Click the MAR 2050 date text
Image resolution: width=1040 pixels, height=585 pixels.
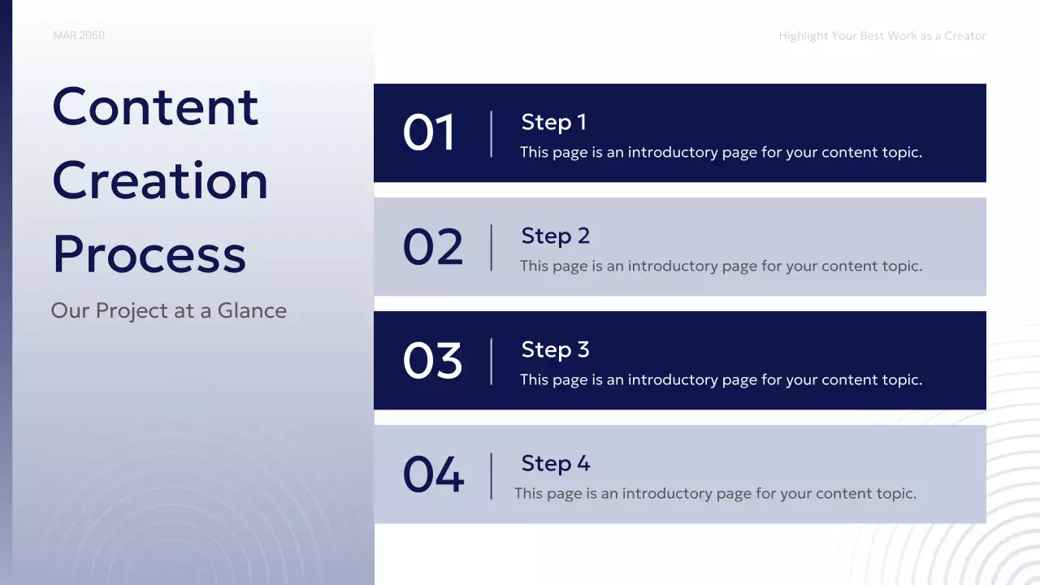(x=79, y=36)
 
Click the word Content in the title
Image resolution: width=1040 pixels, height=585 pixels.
(x=155, y=106)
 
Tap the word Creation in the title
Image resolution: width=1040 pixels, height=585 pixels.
(x=160, y=180)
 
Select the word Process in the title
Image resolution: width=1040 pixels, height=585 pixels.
(x=149, y=253)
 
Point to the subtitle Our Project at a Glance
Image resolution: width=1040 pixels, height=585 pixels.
(x=168, y=310)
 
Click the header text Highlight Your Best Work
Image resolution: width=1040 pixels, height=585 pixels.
(x=882, y=36)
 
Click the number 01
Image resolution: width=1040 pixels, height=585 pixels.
(x=430, y=133)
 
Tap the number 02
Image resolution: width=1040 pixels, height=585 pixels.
(x=433, y=247)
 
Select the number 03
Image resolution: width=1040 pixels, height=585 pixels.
(x=433, y=361)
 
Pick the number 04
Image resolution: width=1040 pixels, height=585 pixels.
(x=434, y=475)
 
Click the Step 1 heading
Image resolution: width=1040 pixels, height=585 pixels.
(x=553, y=122)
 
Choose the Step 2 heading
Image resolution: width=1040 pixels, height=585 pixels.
(x=555, y=236)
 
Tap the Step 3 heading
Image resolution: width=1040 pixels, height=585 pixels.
(x=555, y=349)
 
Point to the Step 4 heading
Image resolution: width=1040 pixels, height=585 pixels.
(x=555, y=463)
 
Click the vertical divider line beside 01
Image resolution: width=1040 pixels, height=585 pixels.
(x=492, y=133)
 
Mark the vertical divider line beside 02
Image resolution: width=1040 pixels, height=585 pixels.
(x=492, y=247)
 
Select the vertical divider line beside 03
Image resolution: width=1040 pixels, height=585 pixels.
(x=492, y=361)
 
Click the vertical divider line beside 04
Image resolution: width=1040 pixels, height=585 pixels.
(x=492, y=475)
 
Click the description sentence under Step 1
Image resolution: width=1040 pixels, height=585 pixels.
(x=721, y=152)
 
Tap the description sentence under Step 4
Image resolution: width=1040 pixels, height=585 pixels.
(x=715, y=493)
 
